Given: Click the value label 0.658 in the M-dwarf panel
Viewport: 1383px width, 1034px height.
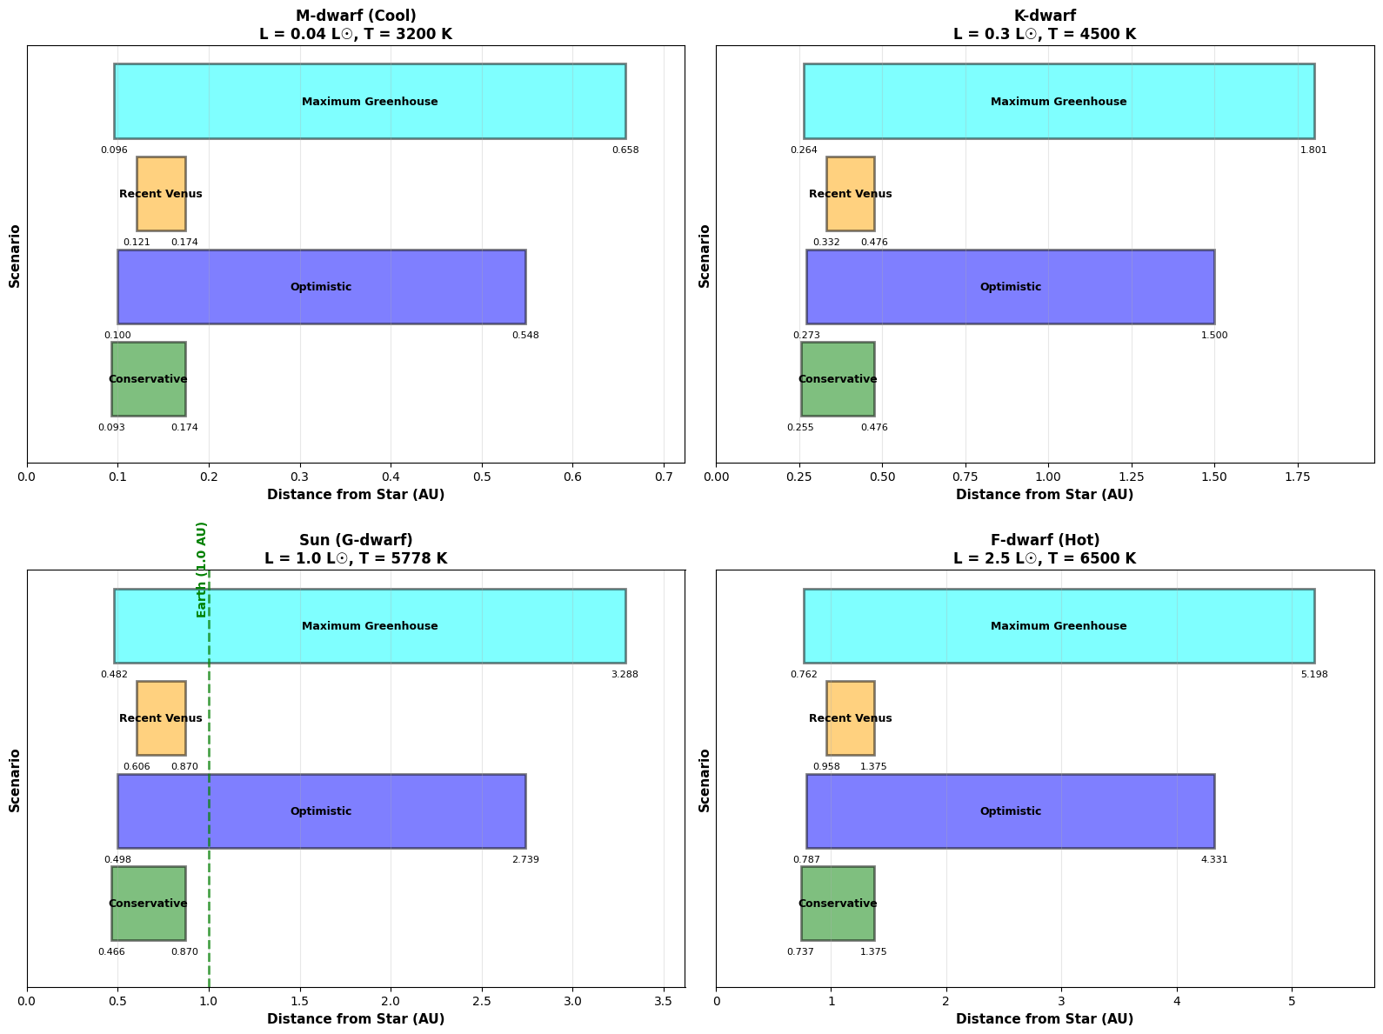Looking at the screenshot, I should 625,150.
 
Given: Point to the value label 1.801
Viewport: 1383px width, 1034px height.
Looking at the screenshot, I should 1313,150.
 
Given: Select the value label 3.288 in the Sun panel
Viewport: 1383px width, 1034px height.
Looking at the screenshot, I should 625,675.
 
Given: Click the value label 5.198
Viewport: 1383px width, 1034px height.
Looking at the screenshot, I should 1314,675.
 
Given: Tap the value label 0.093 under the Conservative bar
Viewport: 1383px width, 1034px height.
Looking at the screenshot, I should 111,428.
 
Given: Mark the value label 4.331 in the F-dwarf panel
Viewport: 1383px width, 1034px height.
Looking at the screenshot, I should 1214,860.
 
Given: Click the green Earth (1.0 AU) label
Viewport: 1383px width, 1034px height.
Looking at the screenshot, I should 202,570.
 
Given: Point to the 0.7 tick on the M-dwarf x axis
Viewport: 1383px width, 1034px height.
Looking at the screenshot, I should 664,477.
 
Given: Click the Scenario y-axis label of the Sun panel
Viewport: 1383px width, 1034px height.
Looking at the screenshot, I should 15,780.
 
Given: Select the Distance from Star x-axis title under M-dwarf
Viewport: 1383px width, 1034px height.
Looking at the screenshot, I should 356,495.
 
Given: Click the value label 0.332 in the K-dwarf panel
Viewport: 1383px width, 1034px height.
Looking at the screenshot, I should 826,243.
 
